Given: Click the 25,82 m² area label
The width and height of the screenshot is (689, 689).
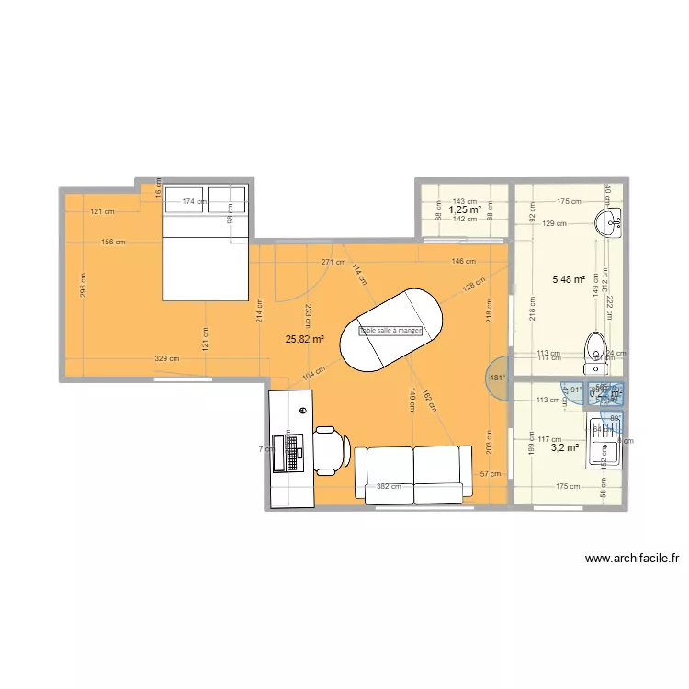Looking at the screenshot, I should (x=305, y=338).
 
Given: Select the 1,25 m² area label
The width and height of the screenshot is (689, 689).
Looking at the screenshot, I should (x=465, y=209).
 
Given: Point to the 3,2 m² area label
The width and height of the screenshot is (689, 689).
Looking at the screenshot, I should (x=564, y=448).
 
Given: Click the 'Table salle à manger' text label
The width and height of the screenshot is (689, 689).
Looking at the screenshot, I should (x=390, y=331).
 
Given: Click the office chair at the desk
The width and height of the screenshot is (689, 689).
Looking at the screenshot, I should (x=329, y=449).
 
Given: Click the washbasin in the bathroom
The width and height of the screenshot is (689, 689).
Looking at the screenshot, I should (x=609, y=220).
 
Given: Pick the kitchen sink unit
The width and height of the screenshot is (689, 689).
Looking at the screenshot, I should (x=606, y=450).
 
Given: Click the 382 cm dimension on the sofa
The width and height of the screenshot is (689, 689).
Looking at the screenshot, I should (x=389, y=488).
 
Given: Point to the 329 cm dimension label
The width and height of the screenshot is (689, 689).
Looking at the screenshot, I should (x=166, y=358).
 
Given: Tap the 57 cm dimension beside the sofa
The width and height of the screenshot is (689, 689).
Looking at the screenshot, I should (x=490, y=474).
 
